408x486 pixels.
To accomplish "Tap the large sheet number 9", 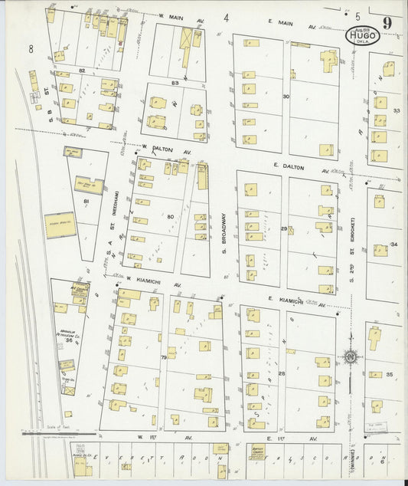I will (388, 23).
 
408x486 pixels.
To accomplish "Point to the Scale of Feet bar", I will (57, 434).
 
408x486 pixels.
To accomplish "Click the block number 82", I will (81, 70).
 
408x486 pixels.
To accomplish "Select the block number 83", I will (175, 82).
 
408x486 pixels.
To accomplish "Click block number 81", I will (86, 202).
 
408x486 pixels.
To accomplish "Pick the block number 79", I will (163, 358).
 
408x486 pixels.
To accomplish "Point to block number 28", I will (282, 373).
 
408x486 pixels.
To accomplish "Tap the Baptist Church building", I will (264, 452).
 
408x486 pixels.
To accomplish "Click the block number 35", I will (390, 374).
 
